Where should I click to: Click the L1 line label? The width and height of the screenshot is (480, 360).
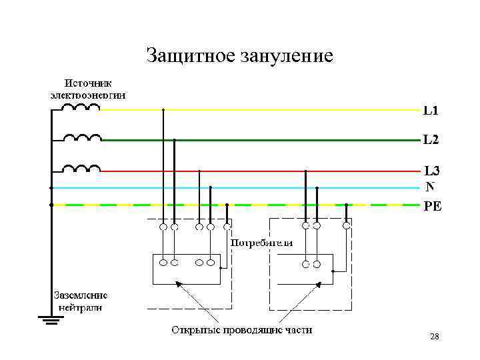tap(431, 109)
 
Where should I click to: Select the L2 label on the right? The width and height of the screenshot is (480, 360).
tap(431, 140)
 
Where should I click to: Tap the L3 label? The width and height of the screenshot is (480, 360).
tap(431, 171)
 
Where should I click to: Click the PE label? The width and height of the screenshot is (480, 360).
tap(433, 206)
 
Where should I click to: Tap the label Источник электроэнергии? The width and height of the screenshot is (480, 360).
tap(88, 89)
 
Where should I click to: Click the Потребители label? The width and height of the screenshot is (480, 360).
tap(261, 243)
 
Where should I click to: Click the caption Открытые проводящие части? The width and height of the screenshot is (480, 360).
tap(241, 330)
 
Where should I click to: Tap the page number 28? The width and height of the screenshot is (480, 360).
tap(435, 337)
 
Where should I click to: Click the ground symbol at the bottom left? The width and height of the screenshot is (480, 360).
tap(50, 321)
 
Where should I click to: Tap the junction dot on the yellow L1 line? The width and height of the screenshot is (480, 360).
tap(163, 109)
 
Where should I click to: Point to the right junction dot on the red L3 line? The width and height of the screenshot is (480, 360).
tap(305, 171)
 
